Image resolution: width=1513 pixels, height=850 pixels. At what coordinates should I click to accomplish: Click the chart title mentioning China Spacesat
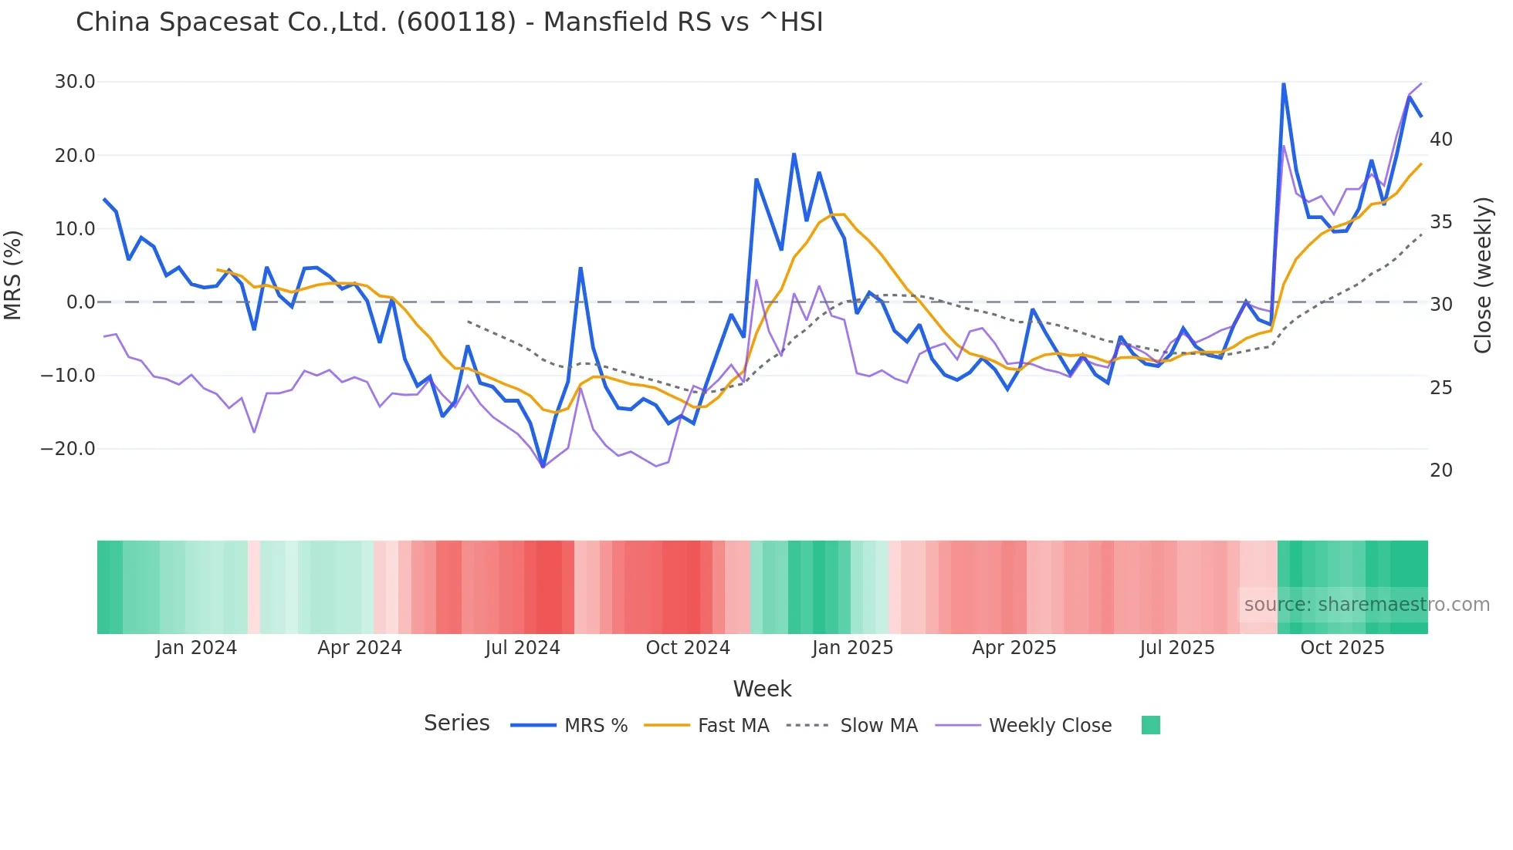449,22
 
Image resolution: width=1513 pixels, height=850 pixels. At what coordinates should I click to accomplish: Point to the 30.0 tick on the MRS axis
75,82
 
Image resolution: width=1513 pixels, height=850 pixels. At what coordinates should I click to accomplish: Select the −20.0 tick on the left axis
68,449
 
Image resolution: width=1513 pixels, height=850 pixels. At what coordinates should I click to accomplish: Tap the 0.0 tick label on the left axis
80,302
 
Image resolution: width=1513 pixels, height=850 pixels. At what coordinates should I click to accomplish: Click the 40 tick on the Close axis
1440,140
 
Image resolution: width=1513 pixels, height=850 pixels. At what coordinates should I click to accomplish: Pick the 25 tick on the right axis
1440,388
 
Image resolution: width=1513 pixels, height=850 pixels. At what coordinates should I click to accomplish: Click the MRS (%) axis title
13,275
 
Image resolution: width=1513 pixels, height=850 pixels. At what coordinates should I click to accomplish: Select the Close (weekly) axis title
1482,275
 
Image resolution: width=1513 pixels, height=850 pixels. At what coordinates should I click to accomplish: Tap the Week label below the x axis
762,689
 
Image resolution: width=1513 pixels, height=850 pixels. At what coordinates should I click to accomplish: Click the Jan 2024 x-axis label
196,648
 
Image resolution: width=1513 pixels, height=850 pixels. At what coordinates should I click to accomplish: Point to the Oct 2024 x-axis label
688,648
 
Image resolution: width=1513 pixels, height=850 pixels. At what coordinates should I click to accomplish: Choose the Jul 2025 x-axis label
1177,648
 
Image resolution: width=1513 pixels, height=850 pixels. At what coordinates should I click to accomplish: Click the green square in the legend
1150,725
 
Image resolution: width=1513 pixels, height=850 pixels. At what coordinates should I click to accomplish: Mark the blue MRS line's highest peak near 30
1283,84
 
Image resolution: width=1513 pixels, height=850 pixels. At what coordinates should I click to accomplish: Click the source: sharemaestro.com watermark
1366,605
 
